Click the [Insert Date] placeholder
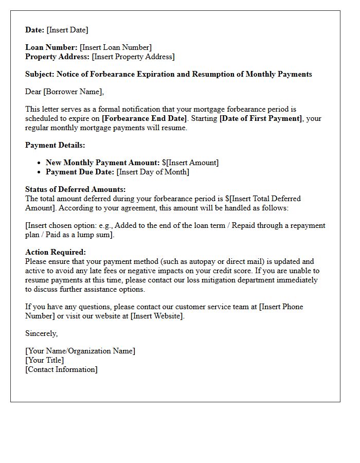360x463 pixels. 67,30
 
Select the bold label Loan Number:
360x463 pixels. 51,47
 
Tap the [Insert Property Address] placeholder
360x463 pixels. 133,57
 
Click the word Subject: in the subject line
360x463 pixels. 40,74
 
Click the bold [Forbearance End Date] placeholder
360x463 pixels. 144,118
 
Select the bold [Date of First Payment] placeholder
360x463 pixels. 261,118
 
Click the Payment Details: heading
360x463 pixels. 55,145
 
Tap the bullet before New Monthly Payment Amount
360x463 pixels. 39,163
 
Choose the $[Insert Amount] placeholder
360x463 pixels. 190,163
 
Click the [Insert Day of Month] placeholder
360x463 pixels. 153,172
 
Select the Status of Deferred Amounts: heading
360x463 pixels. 75,189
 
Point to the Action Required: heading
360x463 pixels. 56,252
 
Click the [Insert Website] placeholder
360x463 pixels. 157,316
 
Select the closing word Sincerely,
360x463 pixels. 41,333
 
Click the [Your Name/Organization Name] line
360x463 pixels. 80,351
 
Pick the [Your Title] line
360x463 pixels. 45,360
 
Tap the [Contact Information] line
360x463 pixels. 61,369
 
